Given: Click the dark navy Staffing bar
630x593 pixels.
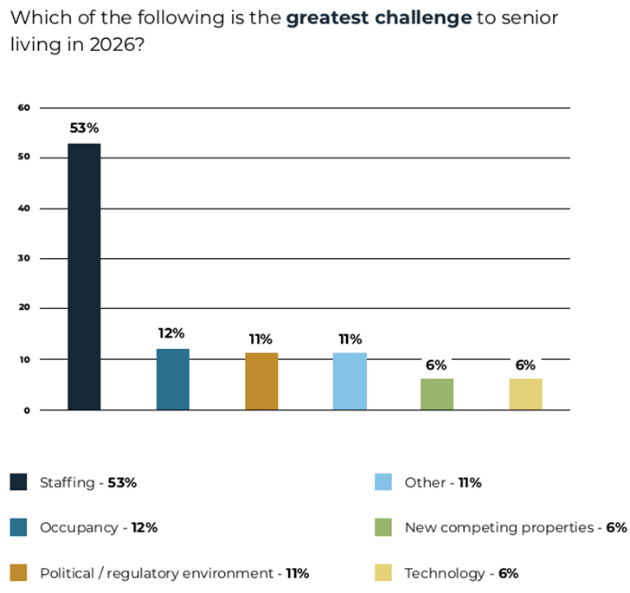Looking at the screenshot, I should tap(84, 276).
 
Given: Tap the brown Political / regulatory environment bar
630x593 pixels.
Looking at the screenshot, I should tap(261, 382).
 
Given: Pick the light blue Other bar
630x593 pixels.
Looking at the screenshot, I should tap(350, 382).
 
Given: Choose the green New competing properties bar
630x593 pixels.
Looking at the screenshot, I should tap(437, 394).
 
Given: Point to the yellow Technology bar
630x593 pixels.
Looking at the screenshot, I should tap(525, 394).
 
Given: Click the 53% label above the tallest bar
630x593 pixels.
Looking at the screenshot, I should tap(85, 128).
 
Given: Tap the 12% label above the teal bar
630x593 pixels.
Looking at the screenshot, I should tap(172, 333).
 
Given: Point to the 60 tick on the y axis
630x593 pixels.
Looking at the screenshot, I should tap(24, 108).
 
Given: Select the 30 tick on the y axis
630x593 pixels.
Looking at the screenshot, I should tap(24, 259).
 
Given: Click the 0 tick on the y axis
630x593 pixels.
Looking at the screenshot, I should tap(27, 410).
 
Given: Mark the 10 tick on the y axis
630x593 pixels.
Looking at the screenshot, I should tap(24, 359).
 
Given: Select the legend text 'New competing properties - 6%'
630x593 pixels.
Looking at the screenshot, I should tap(515, 527).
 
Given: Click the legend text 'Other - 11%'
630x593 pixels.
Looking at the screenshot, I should tap(442, 482).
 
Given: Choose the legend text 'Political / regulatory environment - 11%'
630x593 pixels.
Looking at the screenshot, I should tap(174, 572).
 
